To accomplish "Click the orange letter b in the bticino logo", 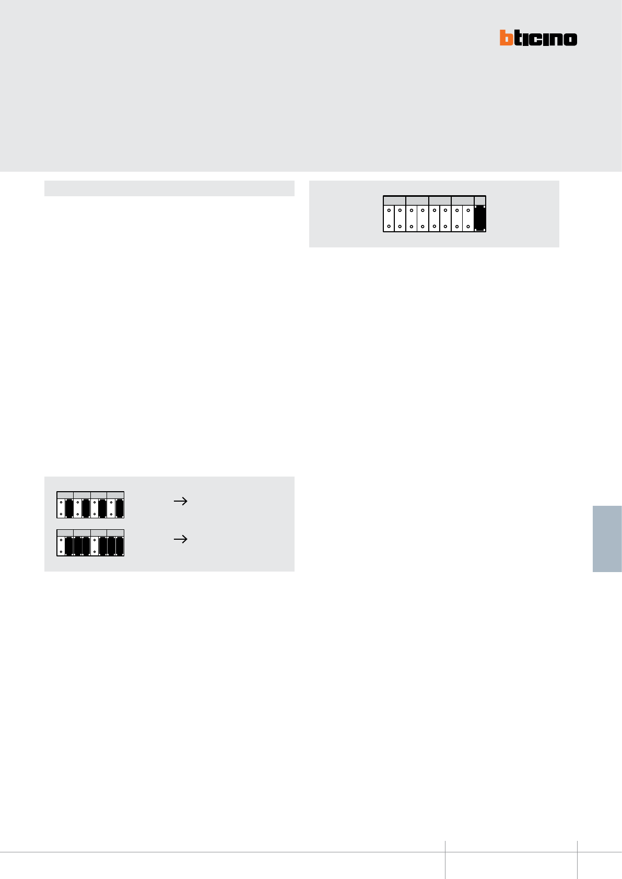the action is (x=506, y=38).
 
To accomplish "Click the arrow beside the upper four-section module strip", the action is (x=180, y=501).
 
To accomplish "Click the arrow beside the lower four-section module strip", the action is (x=180, y=539).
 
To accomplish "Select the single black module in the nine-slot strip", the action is (x=480, y=218).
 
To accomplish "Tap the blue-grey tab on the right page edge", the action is (x=607, y=539).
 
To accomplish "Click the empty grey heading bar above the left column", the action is (x=169, y=188).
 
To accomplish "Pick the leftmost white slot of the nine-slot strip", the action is (x=389, y=218).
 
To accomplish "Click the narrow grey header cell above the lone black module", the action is (x=480, y=201).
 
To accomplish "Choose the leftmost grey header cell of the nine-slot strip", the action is (x=394, y=201).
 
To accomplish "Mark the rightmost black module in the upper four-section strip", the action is (x=120, y=508).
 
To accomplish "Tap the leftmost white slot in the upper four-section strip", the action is (x=61, y=508).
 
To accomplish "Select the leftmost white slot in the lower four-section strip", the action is (x=61, y=546).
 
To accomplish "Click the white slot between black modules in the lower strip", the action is (x=95, y=546).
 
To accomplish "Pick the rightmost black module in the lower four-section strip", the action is (x=120, y=546).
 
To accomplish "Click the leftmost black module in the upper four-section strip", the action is (x=69, y=508).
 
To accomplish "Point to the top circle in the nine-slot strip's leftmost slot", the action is (x=389, y=211).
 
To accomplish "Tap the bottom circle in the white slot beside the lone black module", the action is (x=468, y=227).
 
